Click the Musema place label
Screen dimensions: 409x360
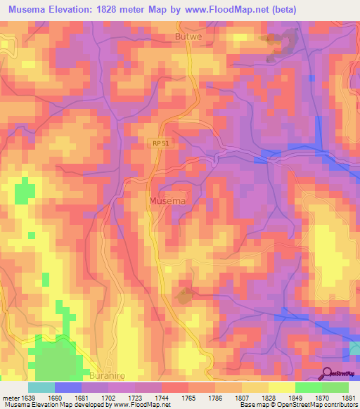coord(168,201)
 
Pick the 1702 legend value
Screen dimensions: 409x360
coord(108,398)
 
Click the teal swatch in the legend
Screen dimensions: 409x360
coord(41,387)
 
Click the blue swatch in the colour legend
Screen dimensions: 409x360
coord(67,387)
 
